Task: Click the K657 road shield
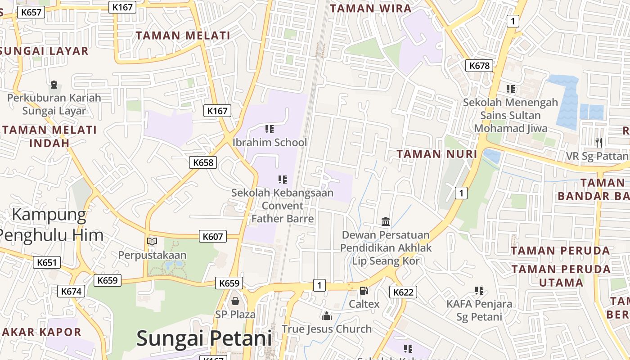pos(31,12)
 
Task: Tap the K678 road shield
pos(479,66)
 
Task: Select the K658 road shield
pos(203,162)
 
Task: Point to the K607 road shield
pos(213,236)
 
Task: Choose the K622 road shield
pos(403,292)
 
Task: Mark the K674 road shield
pos(71,291)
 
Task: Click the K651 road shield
pos(47,262)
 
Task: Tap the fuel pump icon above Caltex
pos(364,291)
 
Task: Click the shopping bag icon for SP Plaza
pos(235,301)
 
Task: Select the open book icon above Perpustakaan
pos(152,241)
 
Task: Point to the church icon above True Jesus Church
pos(327,315)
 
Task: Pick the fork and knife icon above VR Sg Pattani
pos(598,142)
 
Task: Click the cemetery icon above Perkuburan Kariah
pos(54,84)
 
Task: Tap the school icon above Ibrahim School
pos(270,129)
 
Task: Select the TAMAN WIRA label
pos(371,9)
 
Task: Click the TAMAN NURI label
pos(436,154)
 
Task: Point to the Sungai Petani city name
pos(204,338)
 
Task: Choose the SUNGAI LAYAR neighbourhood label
pos(44,51)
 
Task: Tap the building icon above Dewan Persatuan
pos(386,221)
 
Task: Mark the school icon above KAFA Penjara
pos(479,291)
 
